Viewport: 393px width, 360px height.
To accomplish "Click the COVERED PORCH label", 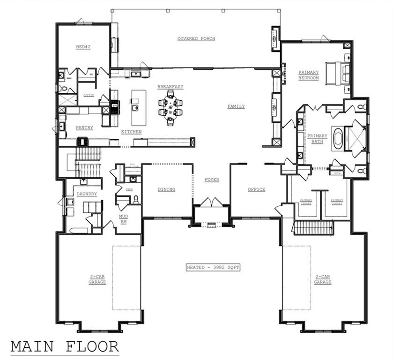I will point(196,38).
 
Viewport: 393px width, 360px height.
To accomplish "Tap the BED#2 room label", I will point(83,47).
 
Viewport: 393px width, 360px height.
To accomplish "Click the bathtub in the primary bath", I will point(338,137).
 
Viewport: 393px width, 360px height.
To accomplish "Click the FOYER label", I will point(212,180).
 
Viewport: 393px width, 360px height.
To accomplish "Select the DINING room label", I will point(166,189).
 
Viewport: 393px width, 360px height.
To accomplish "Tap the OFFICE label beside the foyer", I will point(256,189).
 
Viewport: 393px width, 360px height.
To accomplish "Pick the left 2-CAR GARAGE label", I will point(97,280).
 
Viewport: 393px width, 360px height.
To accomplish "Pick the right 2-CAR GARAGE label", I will point(323,280).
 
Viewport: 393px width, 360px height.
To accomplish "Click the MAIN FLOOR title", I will point(65,346).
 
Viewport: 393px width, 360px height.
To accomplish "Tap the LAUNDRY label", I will point(87,194).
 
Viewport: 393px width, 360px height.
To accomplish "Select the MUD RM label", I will point(124,219).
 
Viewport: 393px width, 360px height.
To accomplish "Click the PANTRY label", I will point(84,127).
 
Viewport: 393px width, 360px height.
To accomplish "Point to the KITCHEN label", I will point(131,132).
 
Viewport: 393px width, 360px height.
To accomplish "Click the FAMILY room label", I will point(236,106).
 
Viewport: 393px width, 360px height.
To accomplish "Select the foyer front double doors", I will point(212,202).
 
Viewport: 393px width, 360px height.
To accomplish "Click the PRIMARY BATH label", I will point(317,139).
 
